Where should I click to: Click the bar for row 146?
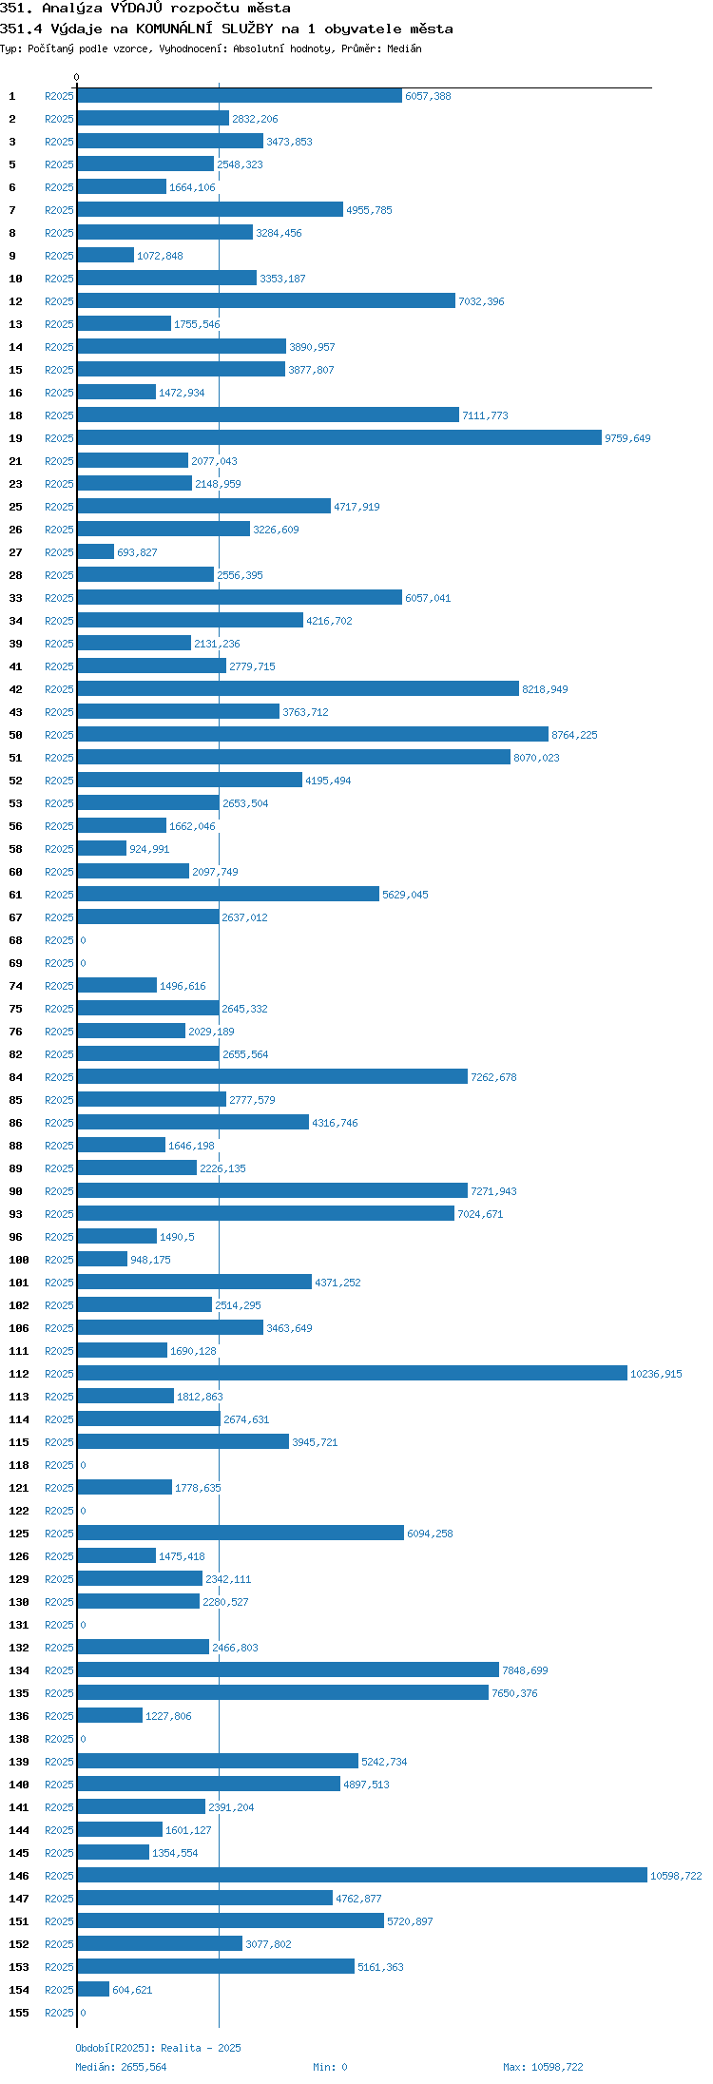coord(362,1875)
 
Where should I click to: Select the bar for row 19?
coord(339,437)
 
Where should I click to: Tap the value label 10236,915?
coord(656,1374)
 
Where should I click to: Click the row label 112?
coord(19,1374)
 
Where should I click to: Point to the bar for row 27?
coord(95,551)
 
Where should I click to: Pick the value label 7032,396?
coord(481,301)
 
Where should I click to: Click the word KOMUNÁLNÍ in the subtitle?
coord(172,29)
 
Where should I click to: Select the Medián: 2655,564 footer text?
coord(121,2067)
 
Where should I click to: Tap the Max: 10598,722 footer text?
coord(543,2067)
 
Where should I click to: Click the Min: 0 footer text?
coord(330,2067)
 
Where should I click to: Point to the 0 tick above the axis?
coord(77,77)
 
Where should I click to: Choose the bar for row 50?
coord(313,734)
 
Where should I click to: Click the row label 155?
coord(19,2013)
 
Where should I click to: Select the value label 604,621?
coord(132,1990)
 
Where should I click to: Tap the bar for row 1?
coord(240,95)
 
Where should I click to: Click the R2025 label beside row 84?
coord(59,1077)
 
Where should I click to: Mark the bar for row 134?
coord(288,1669)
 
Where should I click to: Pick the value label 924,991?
coord(149,849)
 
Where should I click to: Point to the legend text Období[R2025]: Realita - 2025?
coord(158,2048)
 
